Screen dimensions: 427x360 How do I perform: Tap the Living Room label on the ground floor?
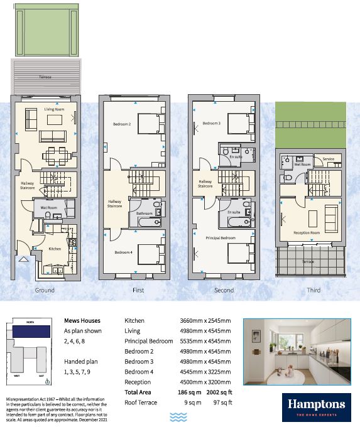click(55, 109)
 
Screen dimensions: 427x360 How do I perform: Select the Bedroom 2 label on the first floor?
click(121, 124)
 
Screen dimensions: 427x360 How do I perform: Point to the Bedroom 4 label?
click(123, 252)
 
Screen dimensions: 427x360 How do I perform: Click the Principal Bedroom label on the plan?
click(221, 239)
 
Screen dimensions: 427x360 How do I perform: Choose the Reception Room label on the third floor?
click(307, 232)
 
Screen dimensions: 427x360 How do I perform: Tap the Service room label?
click(328, 159)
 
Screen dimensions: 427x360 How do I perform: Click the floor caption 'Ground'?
click(45, 290)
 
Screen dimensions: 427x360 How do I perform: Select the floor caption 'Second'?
click(224, 290)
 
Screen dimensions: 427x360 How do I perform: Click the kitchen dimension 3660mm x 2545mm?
click(205, 320)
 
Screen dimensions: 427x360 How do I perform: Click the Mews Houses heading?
click(80, 320)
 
